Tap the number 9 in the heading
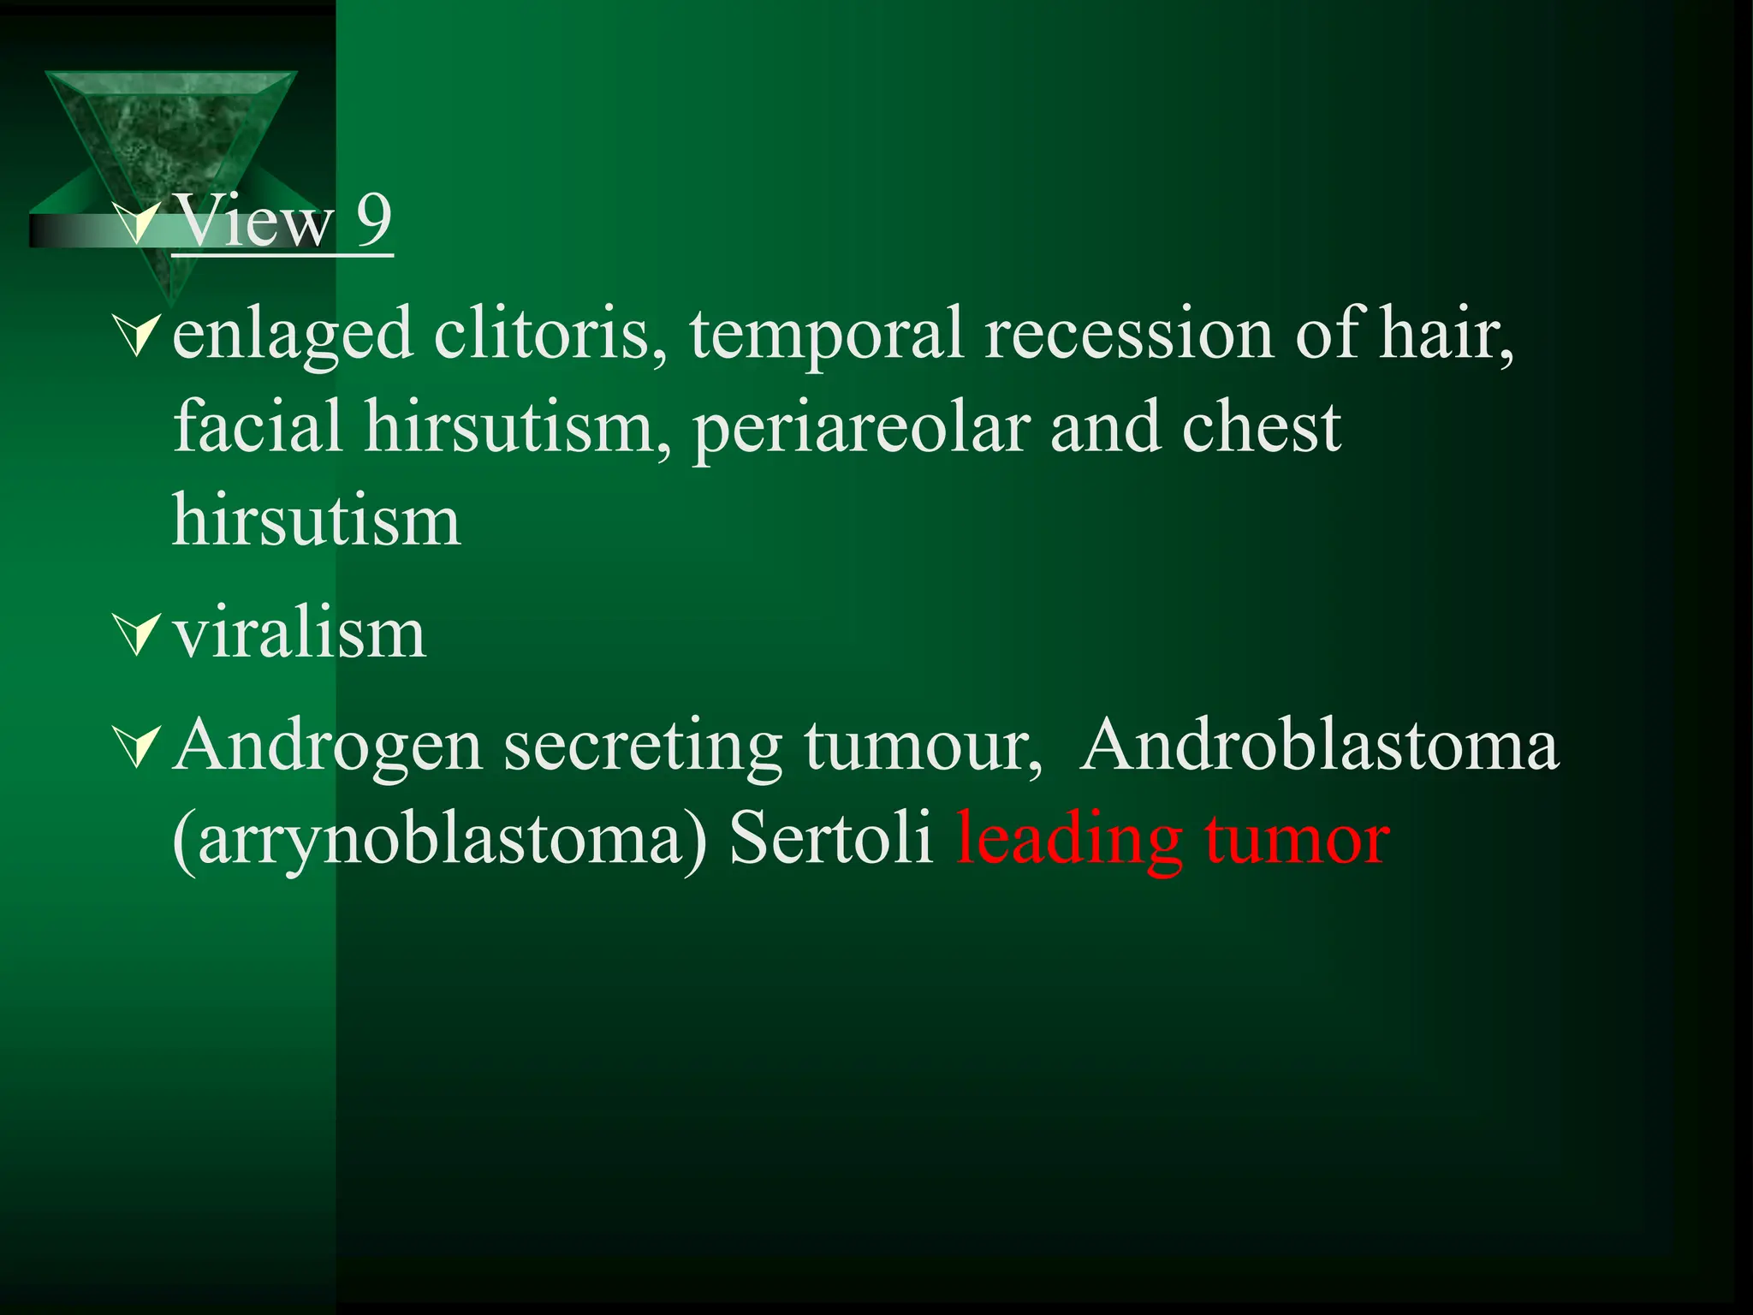click(x=373, y=221)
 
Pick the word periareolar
click(x=861, y=429)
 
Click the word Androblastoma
click(x=1319, y=745)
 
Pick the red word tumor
click(x=1297, y=839)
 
